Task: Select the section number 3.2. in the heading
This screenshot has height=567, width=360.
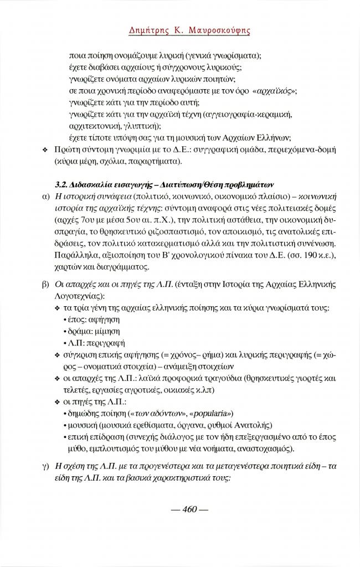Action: [64, 184]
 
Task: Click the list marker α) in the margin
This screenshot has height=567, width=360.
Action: [45, 196]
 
